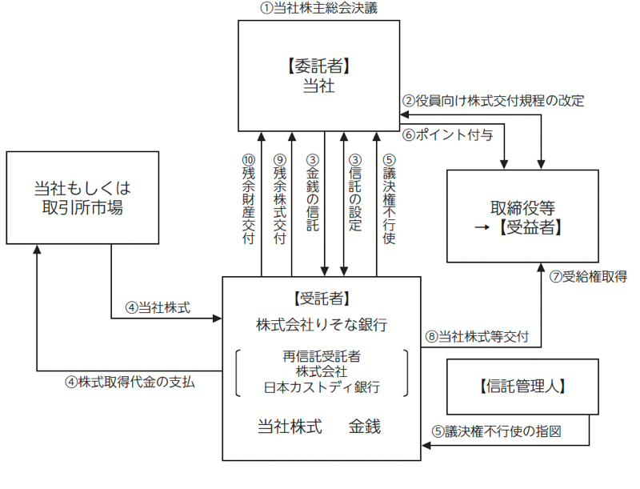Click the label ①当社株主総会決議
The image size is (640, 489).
[318, 9]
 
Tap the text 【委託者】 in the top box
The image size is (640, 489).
[319, 62]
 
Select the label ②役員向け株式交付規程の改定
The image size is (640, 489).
[493, 102]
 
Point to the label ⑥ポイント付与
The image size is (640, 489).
[447, 134]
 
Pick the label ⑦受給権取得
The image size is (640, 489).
[588, 277]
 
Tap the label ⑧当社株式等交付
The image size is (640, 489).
[477, 336]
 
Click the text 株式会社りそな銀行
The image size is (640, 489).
[322, 325]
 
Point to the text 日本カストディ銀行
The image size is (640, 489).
[322, 387]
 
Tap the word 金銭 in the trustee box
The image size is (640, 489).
[365, 427]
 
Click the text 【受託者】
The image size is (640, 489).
[322, 299]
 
